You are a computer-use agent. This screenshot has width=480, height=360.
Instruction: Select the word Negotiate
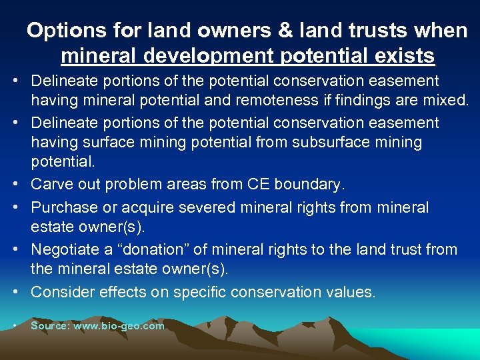66,249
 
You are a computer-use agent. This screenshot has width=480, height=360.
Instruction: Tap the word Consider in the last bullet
63,292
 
